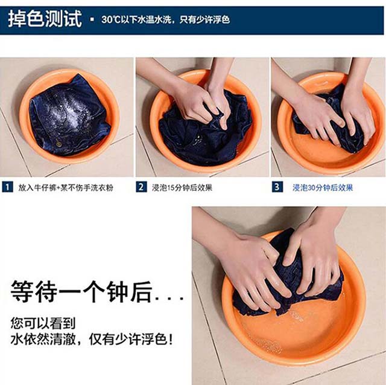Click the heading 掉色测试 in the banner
coord(45,19)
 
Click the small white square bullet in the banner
coord(92,19)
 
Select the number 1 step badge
coord(7,187)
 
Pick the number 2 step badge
coord(141,187)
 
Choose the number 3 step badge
coord(277,187)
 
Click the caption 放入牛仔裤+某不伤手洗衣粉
coord(66,188)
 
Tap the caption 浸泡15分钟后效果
coord(182,188)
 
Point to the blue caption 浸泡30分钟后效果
coord(323,188)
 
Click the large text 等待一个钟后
coord(81,291)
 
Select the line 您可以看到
coord(43,323)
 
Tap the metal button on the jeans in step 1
coord(59,144)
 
